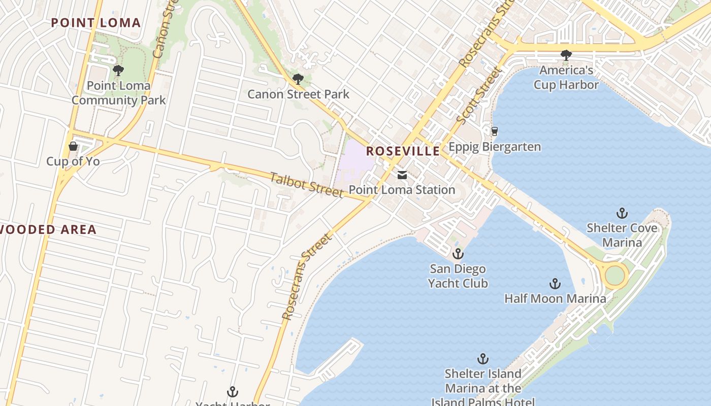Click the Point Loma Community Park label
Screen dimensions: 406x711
[118, 92]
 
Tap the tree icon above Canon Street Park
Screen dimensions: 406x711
[298, 79]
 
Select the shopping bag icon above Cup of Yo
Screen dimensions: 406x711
[73, 147]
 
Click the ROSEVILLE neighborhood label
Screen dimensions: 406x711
[403, 151]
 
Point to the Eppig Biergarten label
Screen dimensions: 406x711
[495, 147]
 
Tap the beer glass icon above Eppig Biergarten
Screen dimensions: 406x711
[494, 131]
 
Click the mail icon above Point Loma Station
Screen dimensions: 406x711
[402, 175]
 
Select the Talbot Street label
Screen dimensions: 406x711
[306, 185]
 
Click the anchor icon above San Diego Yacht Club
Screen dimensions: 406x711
[458, 253]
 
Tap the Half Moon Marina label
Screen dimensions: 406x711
[555, 298]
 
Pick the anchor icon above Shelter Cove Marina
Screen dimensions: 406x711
[622, 213]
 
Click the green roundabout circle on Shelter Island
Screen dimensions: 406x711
[615, 276]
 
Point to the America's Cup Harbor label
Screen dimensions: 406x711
[566, 77]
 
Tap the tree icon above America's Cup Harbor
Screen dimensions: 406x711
[566, 55]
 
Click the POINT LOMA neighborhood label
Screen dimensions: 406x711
[95, 23]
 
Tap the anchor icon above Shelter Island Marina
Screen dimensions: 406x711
[483, 359]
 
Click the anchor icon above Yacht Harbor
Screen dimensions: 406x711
[233, 391]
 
